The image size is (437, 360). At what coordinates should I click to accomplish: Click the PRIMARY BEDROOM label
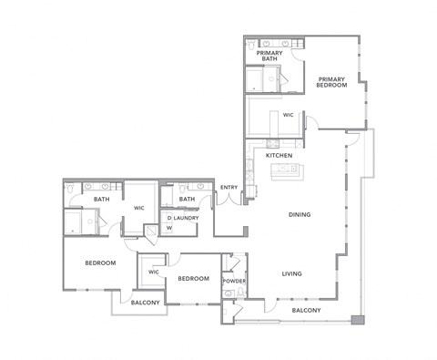[x=331, y=82]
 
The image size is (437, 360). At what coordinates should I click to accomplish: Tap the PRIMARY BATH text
[x=269, y=56]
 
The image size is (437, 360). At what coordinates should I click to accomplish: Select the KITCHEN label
[x=279, y=156]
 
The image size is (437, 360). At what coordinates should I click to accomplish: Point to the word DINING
[x=300, y=215]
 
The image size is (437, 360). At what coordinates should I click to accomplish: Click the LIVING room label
[x=291, y=273]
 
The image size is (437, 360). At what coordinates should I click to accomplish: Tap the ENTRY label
[x=229, y=188]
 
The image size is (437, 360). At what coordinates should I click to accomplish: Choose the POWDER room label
[x=234, y=281]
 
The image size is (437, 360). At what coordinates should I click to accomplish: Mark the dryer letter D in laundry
[x=168, y=218]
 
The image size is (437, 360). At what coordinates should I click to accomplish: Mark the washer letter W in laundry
[x=168, y=228]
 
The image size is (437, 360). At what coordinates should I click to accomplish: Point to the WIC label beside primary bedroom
[x=287, y=116]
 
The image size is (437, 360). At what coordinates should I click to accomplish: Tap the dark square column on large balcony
[x=358, y=320]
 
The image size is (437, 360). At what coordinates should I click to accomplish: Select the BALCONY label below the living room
[x=306, y=311]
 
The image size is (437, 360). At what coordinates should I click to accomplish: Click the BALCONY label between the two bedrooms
[x=146, y=303]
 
